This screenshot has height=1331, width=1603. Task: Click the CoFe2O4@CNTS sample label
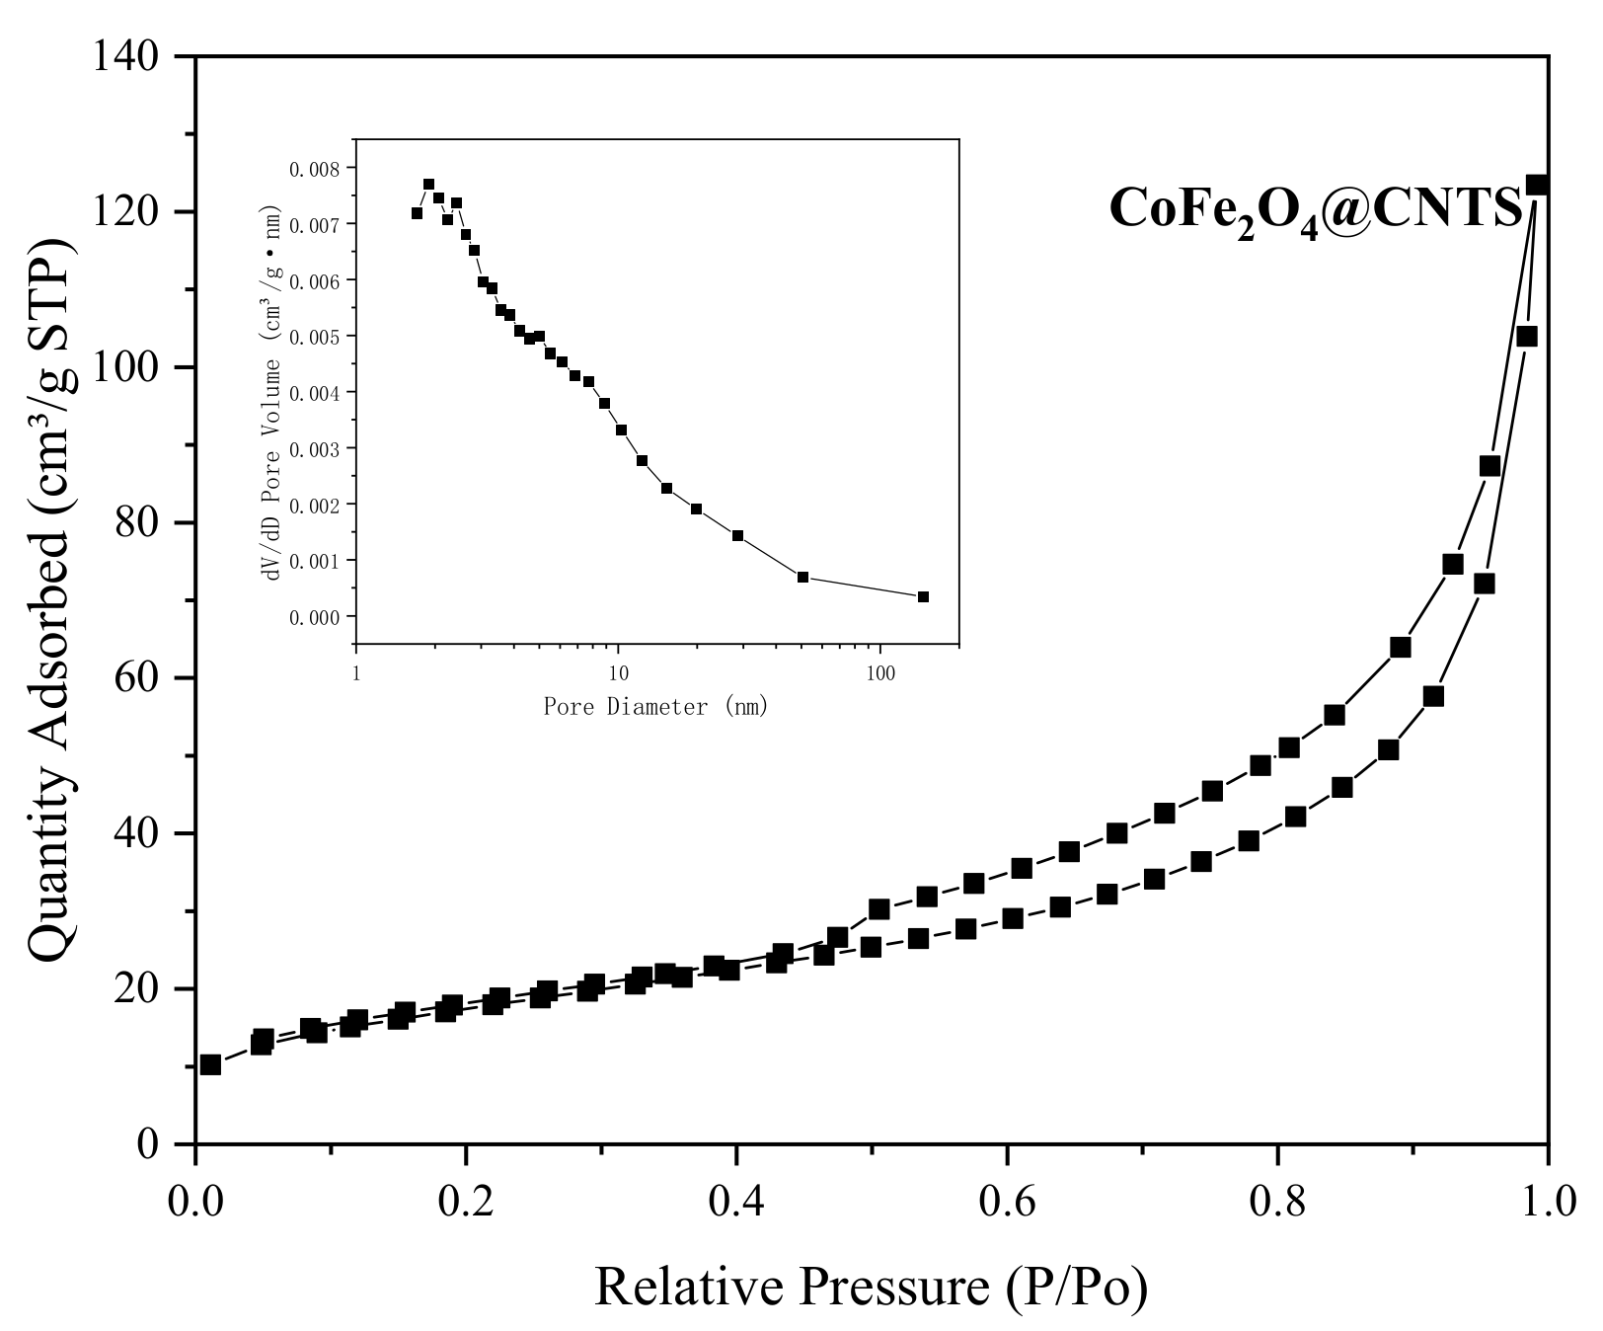point(1316,210)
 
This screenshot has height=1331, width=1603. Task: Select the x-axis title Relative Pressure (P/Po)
point(871,1287)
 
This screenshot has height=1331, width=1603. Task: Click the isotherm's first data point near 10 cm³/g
point(210,1064)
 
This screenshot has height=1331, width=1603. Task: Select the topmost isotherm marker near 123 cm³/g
point(1537,185)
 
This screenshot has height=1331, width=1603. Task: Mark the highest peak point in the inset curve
point(428,184)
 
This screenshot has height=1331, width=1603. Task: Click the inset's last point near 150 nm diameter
point(923,596)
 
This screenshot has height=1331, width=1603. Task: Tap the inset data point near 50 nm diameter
point(802,577)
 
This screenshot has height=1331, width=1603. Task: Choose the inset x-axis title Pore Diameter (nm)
point(655,707)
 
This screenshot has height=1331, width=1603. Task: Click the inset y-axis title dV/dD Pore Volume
point(273,393)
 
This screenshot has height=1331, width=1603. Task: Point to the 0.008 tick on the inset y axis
point(313,169)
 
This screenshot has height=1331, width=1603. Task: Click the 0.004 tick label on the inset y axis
point(313,393)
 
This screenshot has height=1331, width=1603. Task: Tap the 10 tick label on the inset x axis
point(617,672)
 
